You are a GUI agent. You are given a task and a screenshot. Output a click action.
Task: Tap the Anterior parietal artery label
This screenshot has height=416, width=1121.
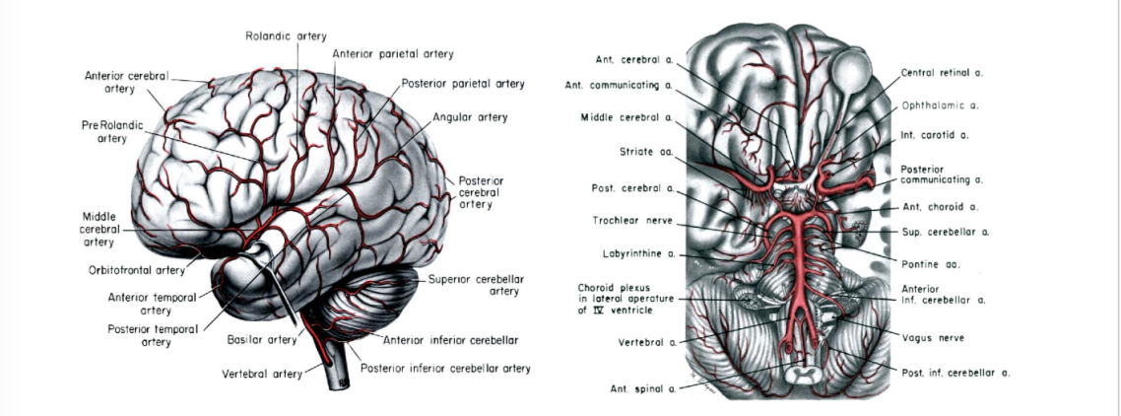coord(393,53)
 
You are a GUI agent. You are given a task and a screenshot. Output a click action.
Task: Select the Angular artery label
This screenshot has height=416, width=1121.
coord(470,117)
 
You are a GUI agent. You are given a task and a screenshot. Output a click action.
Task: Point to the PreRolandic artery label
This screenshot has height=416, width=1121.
coord(104,132)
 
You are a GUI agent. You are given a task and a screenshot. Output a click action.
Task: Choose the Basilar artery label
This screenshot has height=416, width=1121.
coord(261,340)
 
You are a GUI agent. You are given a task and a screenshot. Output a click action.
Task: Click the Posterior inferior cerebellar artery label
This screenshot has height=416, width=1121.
coord(445,369)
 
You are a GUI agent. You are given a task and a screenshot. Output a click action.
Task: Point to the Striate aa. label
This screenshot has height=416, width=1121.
coord(646,152)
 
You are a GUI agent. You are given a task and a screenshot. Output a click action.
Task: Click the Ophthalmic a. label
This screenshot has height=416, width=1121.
coord(939,104)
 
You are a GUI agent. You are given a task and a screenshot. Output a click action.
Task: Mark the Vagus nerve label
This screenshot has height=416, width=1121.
coord(933,337)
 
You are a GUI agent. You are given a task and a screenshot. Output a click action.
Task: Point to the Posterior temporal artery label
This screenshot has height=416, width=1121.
coord(153,335)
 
